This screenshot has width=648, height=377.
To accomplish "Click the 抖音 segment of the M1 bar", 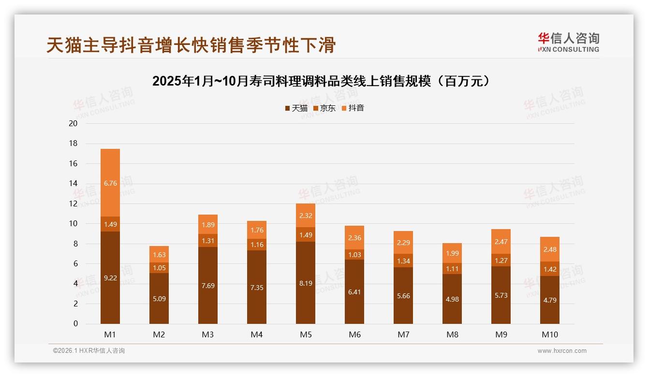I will pyautogui.click(x=110, y=183).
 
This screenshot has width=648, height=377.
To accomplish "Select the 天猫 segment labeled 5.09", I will pyautogui.click(x=159, y=298).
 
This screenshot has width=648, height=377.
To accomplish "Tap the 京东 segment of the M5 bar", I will pyautogui.click(x=306, y=234).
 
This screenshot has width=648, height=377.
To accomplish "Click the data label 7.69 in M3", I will pyautogui.click(x=208, y=286).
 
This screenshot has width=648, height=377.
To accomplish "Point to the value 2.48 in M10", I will pyautogui.click(x=550, y=249).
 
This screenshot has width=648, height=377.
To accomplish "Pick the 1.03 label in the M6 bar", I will pyautogui.click(x=354, y=255).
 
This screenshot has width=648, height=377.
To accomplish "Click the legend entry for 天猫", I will pyautogui.click(x=296, y=108).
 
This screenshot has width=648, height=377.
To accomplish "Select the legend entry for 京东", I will pyautogui.click(x=324, y=108).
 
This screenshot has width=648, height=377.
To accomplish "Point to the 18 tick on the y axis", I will pyautogui.click(x=74, y=144).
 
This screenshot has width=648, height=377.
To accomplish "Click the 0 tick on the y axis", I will pyautogui.click(x=75, y=324).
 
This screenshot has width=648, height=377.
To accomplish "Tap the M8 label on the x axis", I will pyautogui.click(x=452, y=334).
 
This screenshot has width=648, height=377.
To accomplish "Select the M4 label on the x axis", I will pyautogui.click(x=257, y=334).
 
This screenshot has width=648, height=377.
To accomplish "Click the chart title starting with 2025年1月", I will pyautogui.click(x=324, y=81).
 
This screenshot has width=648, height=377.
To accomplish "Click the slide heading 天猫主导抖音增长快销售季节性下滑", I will pyautogui.click(x=191, y=45).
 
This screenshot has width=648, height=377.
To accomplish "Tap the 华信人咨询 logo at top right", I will pyautogui.click(x=568, y=42).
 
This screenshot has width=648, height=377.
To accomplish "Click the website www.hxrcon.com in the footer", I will pyautogui.click(x=562, y=351).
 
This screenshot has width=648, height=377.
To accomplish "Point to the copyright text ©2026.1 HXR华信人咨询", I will pyautogui.click(x=89, y=351).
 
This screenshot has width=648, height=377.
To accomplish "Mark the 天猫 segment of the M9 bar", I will pyautogui.click(x=501, y=295).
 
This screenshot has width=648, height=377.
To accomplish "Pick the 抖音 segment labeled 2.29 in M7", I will pyautogui.click(x=403, y=242).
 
